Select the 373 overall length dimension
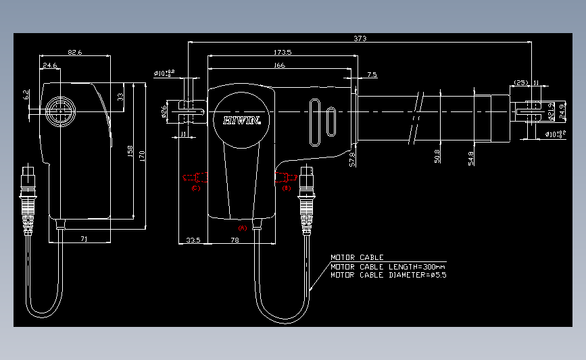point(360,38)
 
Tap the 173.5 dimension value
point(283,53)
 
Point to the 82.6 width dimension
point(74,52)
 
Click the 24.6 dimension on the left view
point(49,66)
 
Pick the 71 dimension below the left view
point(83,239)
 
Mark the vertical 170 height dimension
point(142,154)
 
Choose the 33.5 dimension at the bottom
point(193,240)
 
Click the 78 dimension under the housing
point(235,240)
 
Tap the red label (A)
point(243,228)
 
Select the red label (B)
point(286,188)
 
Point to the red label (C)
point(195,188)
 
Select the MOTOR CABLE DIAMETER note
point(388,275)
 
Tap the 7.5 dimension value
point(372,74)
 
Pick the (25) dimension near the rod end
point(520,82)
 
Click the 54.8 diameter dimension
point(470,157)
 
